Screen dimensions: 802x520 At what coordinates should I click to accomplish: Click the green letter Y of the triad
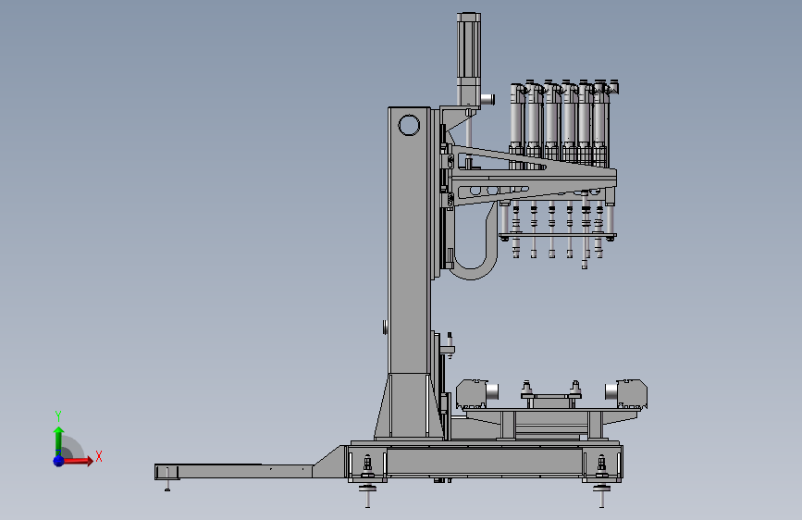coord(58,416)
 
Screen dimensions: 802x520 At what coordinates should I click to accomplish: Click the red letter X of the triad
coord(99,456)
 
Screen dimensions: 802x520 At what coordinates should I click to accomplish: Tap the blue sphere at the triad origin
coord(59,461)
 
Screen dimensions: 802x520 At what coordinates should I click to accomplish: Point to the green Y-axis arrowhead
coord(59,431)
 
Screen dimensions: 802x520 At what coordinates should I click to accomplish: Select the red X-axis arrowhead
coord(90,461)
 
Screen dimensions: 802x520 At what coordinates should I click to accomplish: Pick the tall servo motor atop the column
coord(468,60)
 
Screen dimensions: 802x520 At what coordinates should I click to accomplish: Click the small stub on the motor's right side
coord(487,99)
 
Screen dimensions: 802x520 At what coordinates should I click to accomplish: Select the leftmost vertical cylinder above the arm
coord(517,119)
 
